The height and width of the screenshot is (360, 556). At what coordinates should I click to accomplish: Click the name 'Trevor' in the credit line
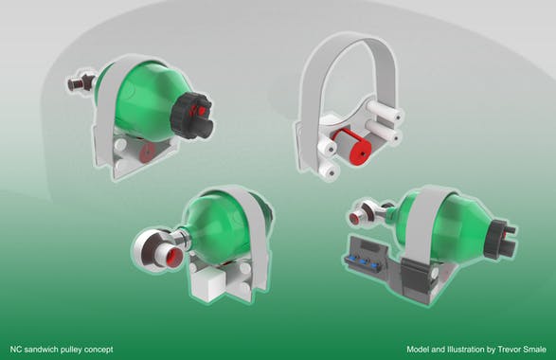coord(507,349)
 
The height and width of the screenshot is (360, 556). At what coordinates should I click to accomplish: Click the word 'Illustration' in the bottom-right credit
coord(461,349)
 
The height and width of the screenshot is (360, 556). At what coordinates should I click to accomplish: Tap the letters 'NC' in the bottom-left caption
coord(16,349)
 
